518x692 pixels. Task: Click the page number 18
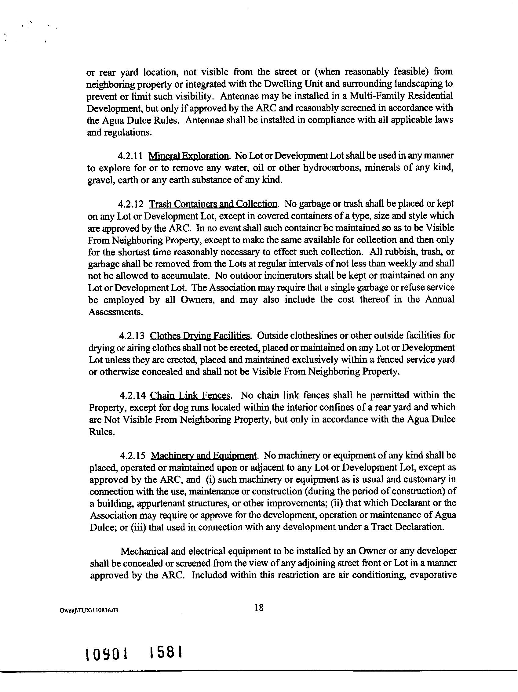pyautogui.click(x=259, y=607)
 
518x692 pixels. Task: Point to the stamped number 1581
pyautogui.click(x=166, y=653)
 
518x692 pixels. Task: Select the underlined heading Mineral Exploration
pyautogui.click(x=188, y=156)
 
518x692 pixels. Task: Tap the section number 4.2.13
pyautogui.click(x=131, y=336)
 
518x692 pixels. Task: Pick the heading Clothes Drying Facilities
pyautogui.click(x=200, y=336)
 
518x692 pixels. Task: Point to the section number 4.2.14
pyautogui.click(x=132, y=396)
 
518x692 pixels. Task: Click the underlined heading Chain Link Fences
pyautogui.click(x=190, y=396)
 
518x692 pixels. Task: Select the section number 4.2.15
pyautogui.click(x=132, y=456)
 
